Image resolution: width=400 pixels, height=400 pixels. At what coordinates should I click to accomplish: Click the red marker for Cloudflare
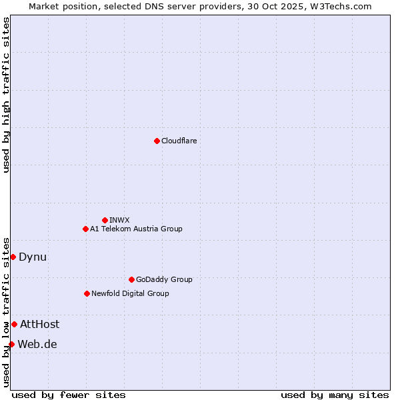coord(157,141)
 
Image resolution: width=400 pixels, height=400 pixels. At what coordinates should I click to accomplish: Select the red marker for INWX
coord(105,220)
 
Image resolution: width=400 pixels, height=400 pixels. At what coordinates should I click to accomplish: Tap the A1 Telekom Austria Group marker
coord(85,229)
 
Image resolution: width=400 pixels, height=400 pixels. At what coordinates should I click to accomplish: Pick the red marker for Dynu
coord(13,257)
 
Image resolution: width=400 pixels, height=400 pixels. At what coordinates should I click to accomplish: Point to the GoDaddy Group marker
coord(131,279)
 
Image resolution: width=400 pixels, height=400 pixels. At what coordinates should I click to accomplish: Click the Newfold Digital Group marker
coord(87,293)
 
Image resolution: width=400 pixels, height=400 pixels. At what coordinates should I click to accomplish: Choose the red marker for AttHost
coord(14,324)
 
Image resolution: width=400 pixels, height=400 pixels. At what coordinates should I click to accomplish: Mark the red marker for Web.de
coord(11,344)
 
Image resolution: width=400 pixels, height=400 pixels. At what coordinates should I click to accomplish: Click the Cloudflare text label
coord(179,141)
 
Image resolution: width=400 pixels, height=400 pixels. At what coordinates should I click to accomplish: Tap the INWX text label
coord(119,220)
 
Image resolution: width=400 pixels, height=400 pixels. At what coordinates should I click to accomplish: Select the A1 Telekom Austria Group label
coord(136,229)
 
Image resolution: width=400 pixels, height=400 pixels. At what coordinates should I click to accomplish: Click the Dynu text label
coord(33,257)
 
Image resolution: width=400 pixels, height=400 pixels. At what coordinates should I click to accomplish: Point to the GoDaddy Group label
coord(164,279)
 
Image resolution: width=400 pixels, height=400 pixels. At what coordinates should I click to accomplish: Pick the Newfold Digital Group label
coord(130,293)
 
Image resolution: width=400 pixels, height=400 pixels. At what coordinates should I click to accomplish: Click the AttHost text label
coord(39,324)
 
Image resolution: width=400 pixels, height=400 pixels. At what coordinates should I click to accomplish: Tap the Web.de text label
coord(37,344)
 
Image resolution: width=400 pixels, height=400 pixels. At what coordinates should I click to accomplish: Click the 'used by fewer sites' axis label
coord(69,395)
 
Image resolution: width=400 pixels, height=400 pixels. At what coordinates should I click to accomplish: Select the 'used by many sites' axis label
coord(335,395)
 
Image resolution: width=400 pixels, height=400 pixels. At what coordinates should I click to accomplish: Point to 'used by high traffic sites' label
coord(6,95)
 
